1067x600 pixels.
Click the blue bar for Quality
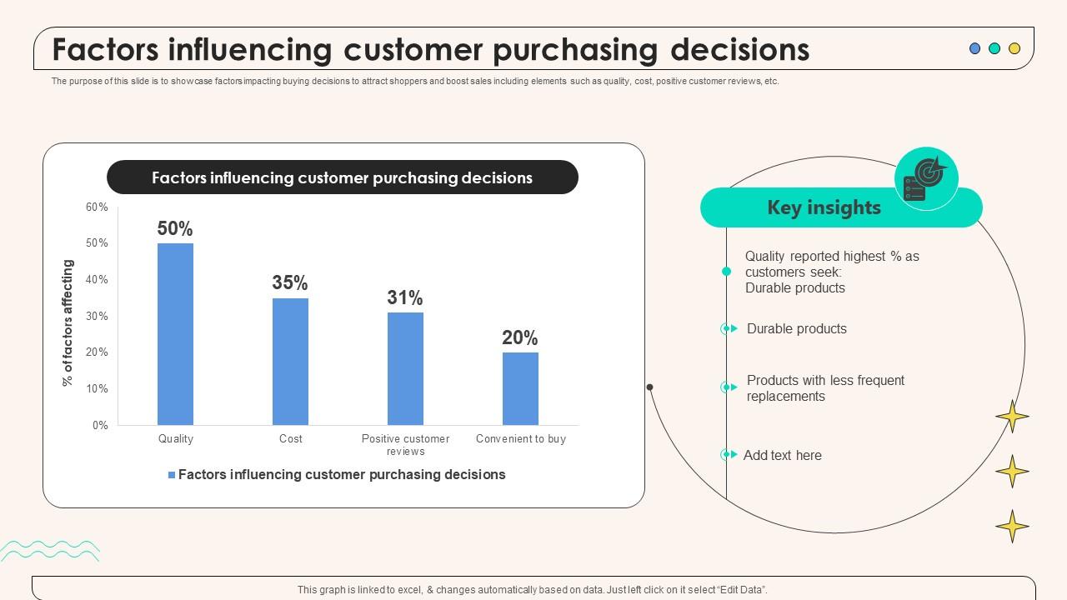click(x=175, y=333)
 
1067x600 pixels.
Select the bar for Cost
click(x=290, y=361)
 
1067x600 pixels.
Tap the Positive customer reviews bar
click(x=405, y=368)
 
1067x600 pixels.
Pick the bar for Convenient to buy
click(x=520, y=388)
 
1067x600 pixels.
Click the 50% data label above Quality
click(x=175, y=228)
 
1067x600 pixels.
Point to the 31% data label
click(x=405, y=297)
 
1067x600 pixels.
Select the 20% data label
click(x=520, y=337)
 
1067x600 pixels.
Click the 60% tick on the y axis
click(x=97, y=207)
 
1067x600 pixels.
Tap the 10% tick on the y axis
click(x=97, y=388)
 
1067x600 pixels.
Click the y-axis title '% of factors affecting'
click(x=68, y=322)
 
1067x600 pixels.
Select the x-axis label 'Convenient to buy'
click(x=520, y=438)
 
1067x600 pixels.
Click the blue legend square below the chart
click(x=172, y=475)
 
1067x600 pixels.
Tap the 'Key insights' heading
click(x=824, y=207)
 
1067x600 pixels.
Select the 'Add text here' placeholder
click(x=782, y=455)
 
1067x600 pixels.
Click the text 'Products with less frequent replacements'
click(x=825, y=388)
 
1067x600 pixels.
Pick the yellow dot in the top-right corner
click(x=1014, y=48)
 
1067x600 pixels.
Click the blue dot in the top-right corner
click(x=974, y=48)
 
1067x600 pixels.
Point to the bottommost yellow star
click(x=1012, y=527)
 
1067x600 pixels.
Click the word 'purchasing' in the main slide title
click(x=577, y=50)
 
